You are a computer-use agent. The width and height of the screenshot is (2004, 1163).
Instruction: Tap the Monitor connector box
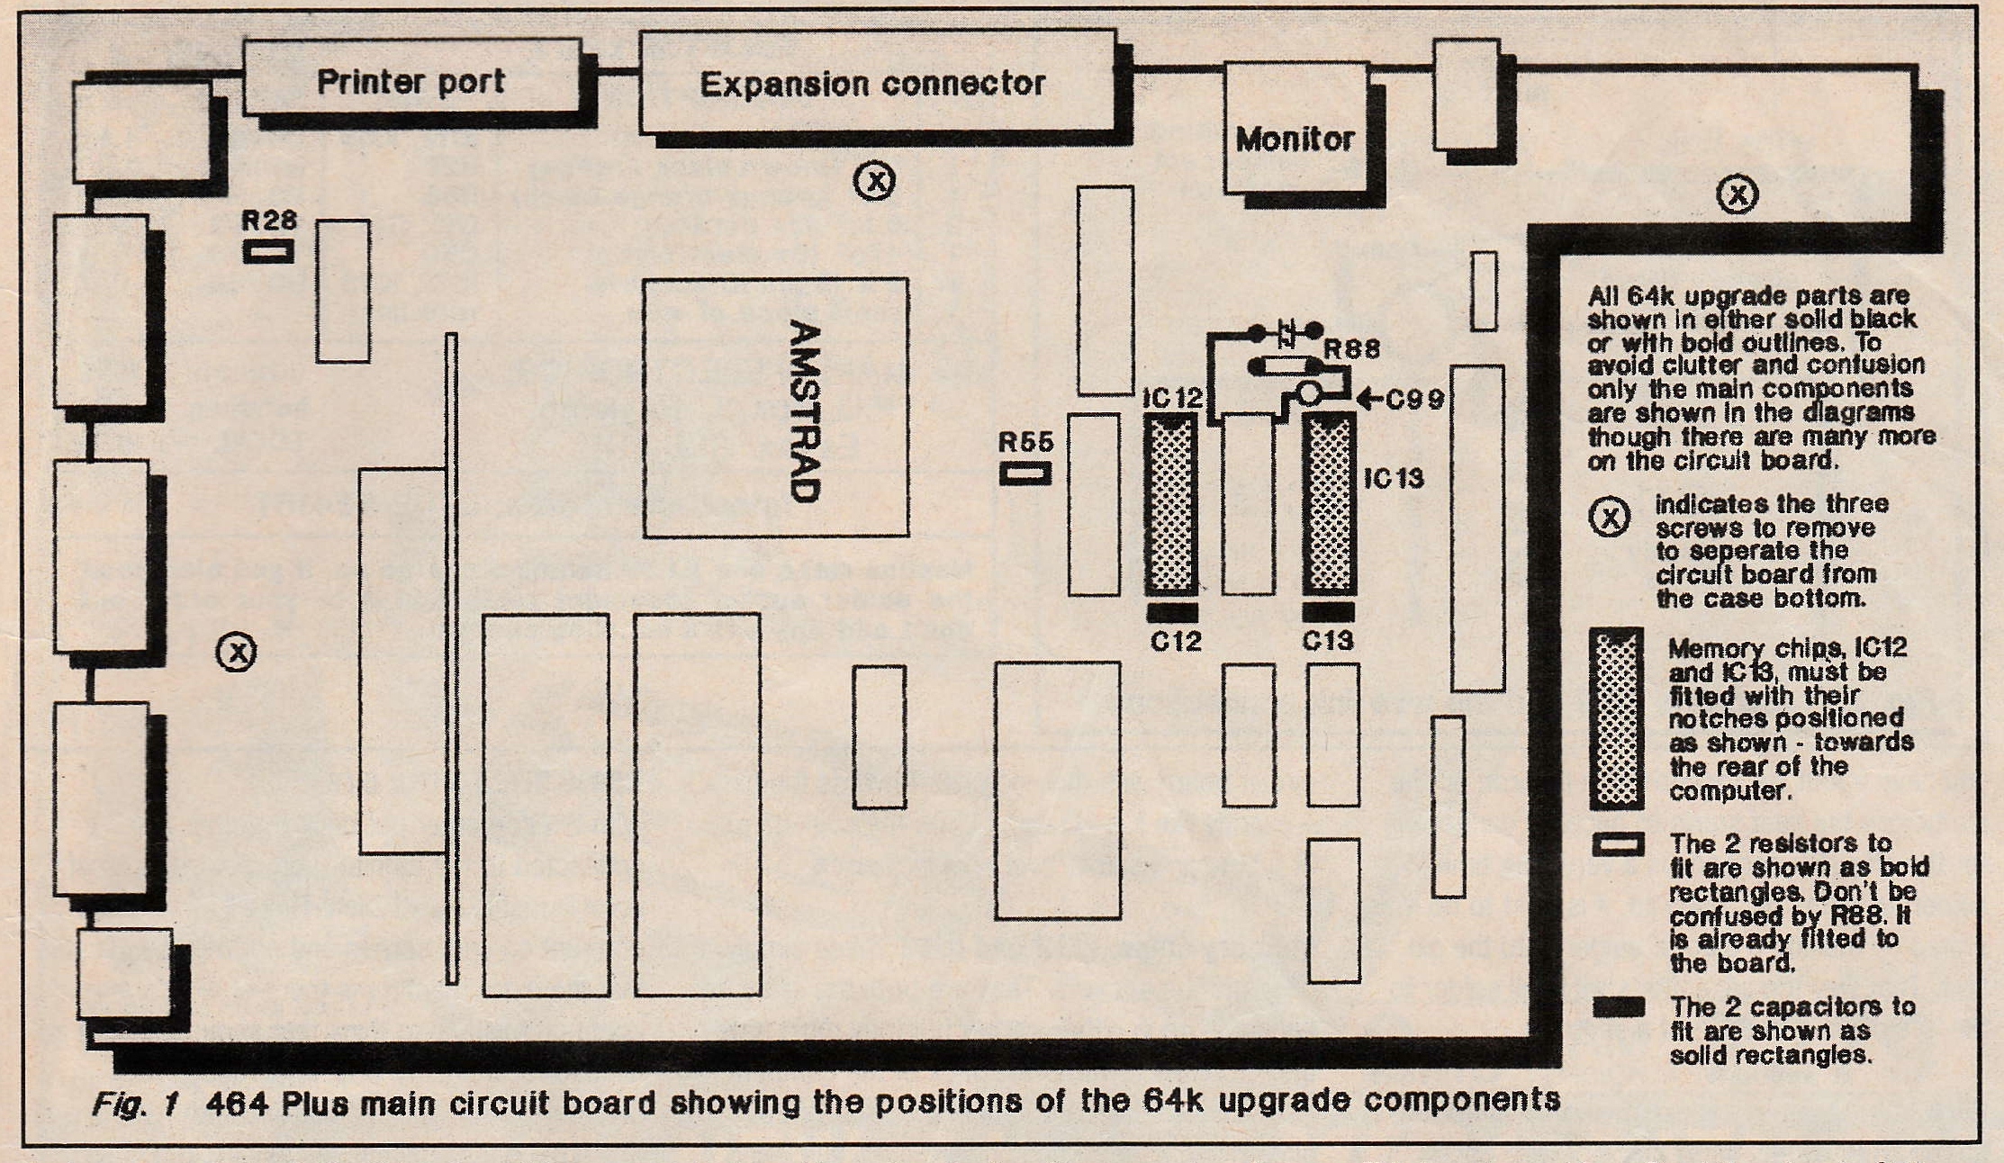click(x=1295, y=127)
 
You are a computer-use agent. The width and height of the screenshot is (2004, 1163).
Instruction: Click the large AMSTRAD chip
click(x=775, y=408)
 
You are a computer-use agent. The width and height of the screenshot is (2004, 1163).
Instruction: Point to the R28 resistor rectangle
click(x=268, y=251)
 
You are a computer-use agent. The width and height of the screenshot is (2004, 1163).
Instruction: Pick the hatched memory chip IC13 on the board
click(x=1330, y=504)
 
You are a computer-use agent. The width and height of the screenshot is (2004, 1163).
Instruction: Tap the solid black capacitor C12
click(x=1172, y=613)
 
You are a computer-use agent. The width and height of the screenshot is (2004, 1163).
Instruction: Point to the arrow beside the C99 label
click(x=1369, y=398)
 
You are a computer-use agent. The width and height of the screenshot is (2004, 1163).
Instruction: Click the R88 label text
click(x=1351, y=348)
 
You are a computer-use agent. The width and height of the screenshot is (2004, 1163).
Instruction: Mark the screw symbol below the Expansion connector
click(x=874, y=181)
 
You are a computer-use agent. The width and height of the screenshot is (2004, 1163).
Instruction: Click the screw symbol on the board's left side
click(x=237, y=651)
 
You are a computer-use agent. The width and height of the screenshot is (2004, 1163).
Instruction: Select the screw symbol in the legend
click(x=1610, y=517)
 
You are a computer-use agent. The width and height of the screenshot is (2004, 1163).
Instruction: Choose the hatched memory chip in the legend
click(x=1617, y=718)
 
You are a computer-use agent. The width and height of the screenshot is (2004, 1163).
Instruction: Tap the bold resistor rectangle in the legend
click(x=1618, y=844)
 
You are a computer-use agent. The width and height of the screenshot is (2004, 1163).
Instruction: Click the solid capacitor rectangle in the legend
click(x=1618, y=1006)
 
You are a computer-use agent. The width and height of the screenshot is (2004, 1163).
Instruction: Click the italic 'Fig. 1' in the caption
click(x=135, y=1104)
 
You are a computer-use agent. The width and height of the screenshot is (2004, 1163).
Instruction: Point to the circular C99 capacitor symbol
click(x=1309, y=393)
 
